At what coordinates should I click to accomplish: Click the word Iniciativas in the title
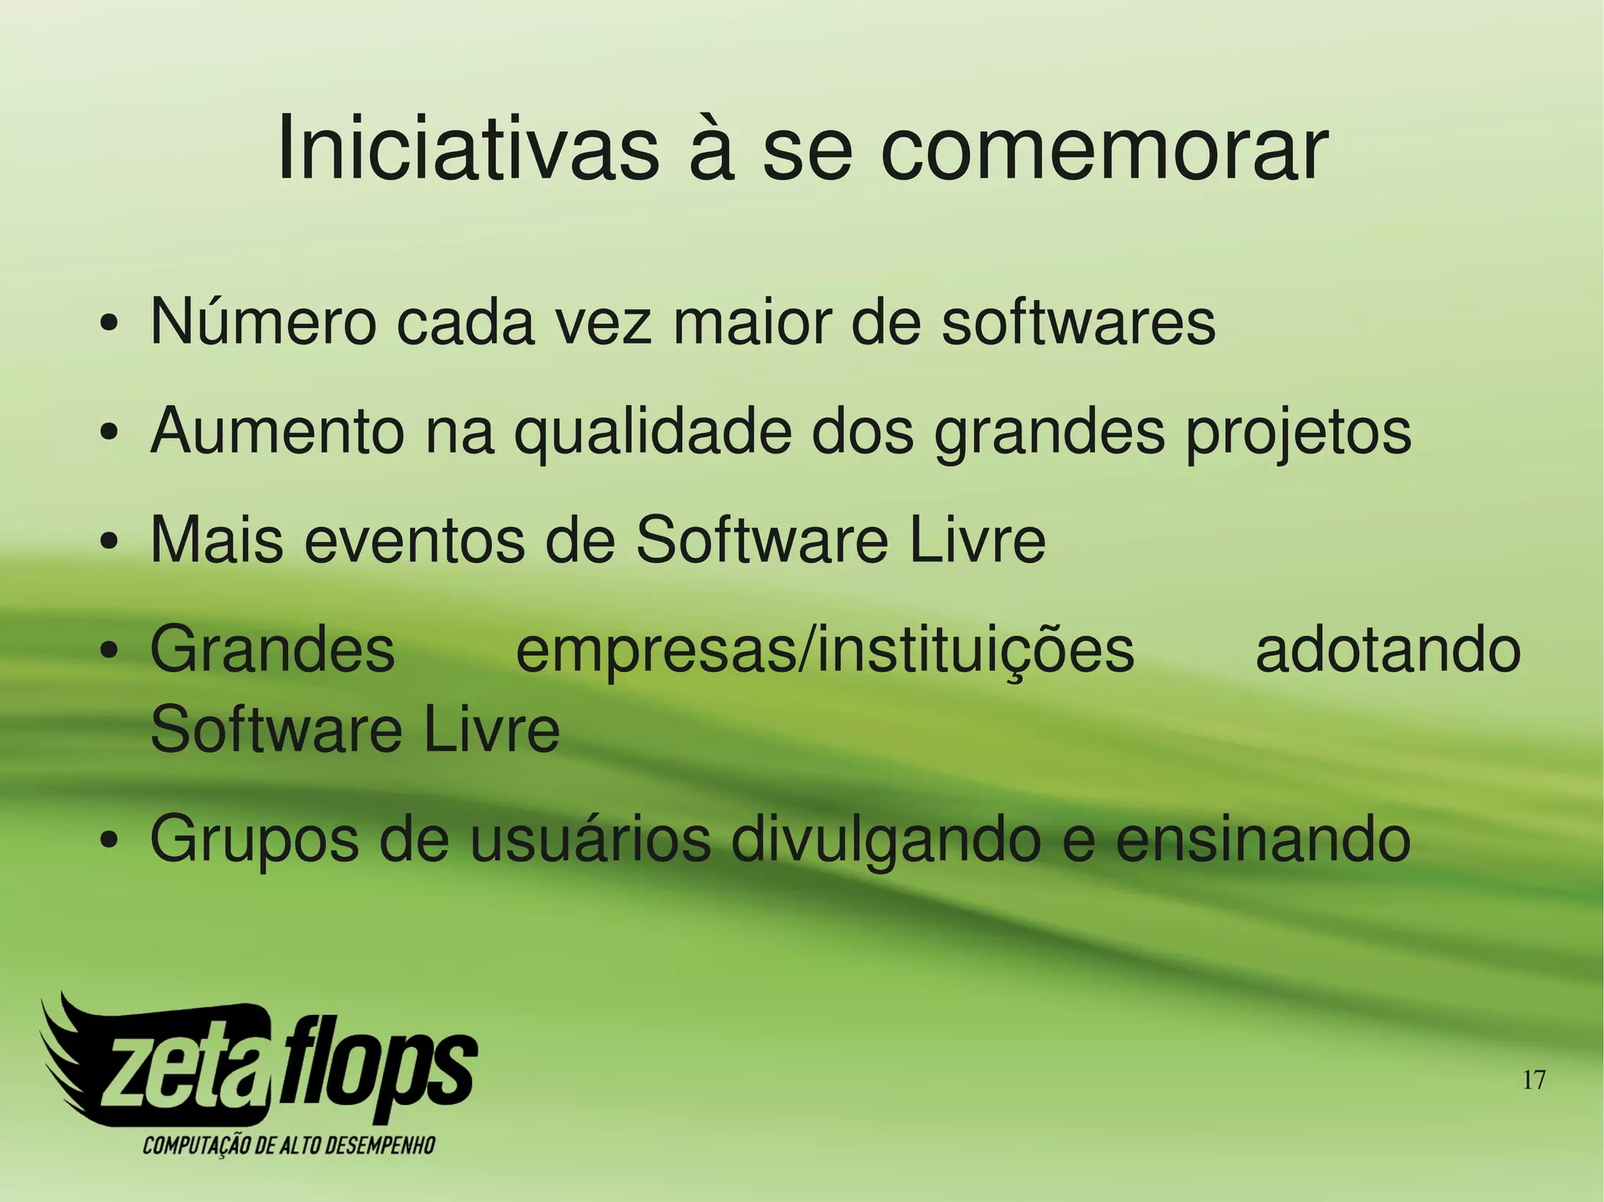coord(468,149)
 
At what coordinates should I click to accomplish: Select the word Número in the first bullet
coord(263,322)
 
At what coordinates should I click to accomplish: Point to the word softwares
coord(1078,322)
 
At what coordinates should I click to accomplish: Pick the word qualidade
coord(652,433)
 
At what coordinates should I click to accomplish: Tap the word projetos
coord(1298,433)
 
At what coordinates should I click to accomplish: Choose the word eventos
coord(414,540)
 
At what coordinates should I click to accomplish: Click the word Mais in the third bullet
coord(216,540)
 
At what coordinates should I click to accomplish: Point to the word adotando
coord(1388,651)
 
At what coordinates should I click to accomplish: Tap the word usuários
coord(590,838)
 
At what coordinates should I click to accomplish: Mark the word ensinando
coord(1263,839)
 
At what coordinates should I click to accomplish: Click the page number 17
coord(1534,1081)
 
